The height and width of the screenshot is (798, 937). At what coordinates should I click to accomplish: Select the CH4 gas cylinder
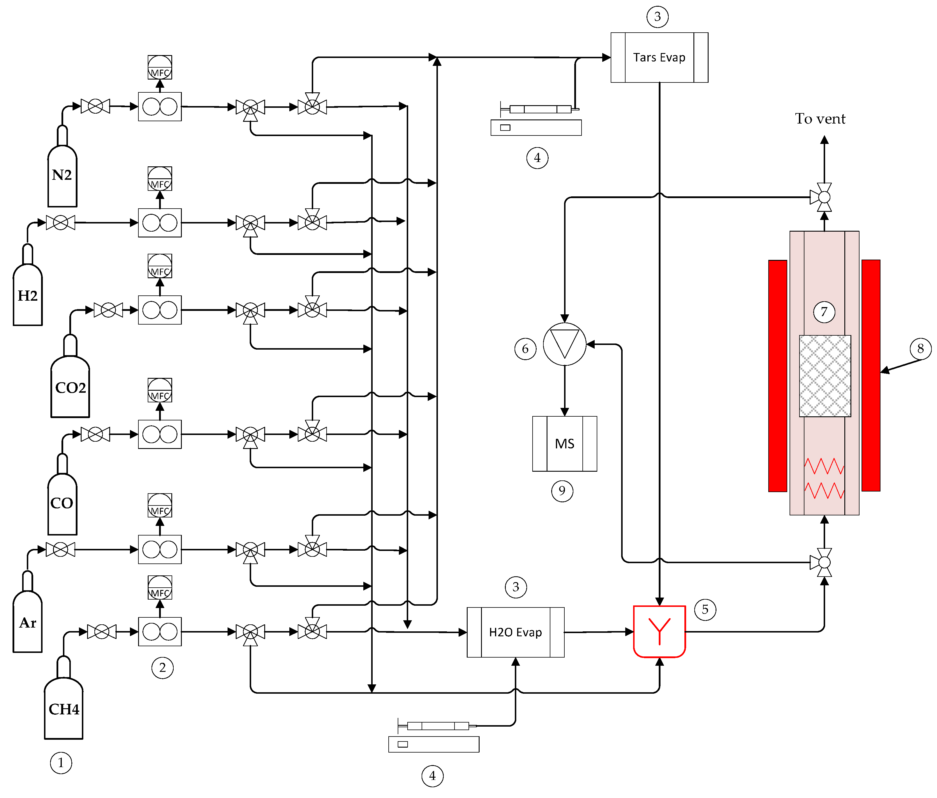tap(64, 708)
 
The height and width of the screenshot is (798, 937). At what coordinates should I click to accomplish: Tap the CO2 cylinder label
tap(70, 387)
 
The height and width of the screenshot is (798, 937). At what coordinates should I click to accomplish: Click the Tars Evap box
tap(659, 57)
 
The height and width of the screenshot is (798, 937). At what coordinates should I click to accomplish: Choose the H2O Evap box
tap(515, 632)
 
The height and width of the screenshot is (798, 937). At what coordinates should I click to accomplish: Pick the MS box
tap(564, 443)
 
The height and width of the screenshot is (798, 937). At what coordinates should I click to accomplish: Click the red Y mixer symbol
tap(659, 631)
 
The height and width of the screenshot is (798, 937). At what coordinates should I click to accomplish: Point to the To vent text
tap(820, 119)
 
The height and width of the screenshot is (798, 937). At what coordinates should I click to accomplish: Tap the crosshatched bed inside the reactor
tap(825, 375)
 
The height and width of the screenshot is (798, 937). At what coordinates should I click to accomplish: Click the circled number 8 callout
tap(920, 348)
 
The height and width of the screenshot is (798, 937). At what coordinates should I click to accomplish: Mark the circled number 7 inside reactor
tap(824, 311)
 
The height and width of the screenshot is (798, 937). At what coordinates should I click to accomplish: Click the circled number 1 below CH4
tap(61, 763)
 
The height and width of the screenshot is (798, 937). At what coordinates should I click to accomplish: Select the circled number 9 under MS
tap(562, 491)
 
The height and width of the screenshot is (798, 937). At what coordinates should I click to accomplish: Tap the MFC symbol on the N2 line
tap(160, 67)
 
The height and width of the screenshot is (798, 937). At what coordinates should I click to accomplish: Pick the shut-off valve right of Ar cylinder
tap(60, 549)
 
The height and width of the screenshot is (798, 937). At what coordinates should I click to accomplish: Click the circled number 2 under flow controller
tap(162, 667)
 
